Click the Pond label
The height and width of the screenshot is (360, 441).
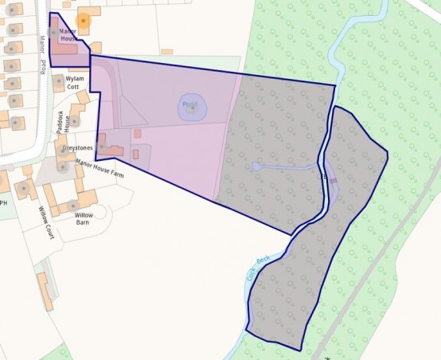coord(189,104)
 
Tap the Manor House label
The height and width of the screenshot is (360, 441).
coord(68,35)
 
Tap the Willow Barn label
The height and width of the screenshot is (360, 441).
coord(83,218)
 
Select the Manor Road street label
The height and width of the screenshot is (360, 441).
coord(40,56)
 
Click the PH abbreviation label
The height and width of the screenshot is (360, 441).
coord(3,202)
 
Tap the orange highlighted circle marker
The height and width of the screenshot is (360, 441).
coord(83,21)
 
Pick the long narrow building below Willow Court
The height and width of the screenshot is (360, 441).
coord(45,291)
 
